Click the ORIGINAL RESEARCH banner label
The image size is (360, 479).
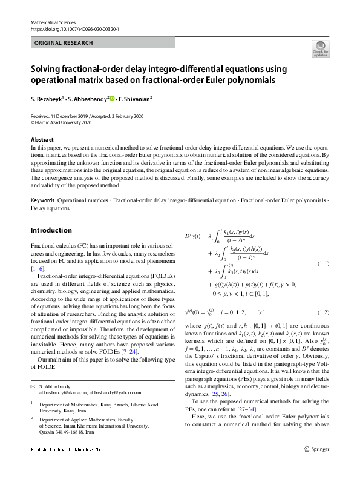(64, 43)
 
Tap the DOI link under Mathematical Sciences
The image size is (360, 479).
(74, 28)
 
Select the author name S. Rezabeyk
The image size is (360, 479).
(50, 97)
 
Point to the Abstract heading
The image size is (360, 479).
(42, 140)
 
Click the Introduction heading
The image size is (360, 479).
(51, 230)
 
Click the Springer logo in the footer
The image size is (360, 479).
(318, 466)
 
